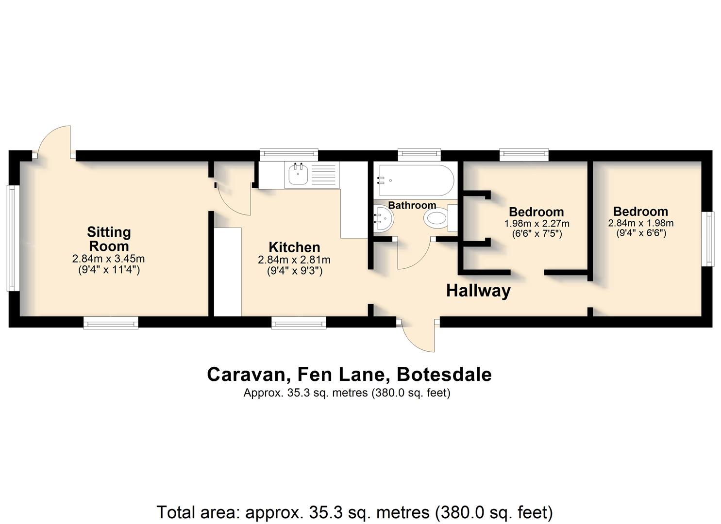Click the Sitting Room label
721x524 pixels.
pos(109,239)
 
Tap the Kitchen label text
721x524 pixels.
pos(294,247)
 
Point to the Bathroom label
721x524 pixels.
pos(412,205)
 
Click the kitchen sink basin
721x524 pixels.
pos(298,174)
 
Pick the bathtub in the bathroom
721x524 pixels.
pos(417,180)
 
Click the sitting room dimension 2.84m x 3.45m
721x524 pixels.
pos(108,259)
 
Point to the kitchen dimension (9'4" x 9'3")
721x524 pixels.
pos(295,271)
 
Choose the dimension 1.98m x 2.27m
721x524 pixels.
pos(537,223)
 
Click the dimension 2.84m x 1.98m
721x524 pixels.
pos(640,223)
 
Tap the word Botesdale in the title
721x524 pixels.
pos(444,375)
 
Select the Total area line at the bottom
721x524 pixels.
pos(354,512)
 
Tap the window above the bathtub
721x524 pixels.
pos(419,155)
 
